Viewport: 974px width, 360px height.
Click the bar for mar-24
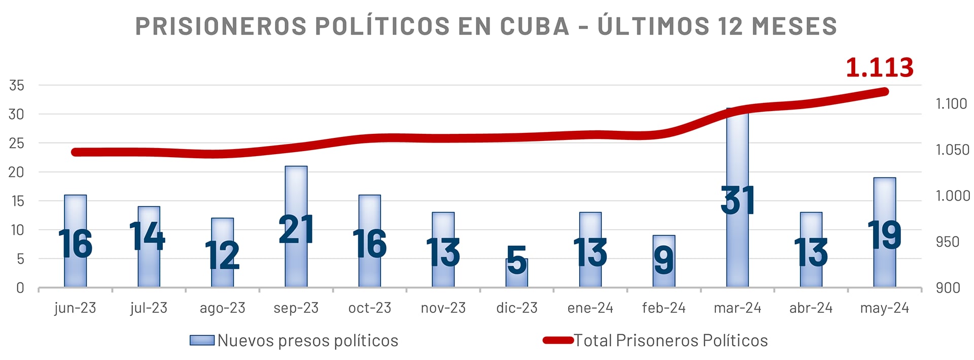737,152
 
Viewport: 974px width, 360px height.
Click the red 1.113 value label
879,67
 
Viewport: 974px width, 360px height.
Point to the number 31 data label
738,201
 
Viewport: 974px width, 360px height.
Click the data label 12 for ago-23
222,255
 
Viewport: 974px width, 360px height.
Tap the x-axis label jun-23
75,308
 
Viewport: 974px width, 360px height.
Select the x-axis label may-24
884,308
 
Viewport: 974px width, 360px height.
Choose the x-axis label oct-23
369,308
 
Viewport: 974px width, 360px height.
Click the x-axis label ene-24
590,308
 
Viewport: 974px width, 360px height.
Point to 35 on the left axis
17,86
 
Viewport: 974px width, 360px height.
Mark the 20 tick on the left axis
17,172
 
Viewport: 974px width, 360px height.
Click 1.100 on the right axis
951,104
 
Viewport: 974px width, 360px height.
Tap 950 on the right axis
948,242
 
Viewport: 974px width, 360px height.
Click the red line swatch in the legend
558,340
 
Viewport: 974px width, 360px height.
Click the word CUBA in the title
535,26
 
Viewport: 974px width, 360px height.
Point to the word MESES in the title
794,26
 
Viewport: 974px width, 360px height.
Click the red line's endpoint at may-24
884,92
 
